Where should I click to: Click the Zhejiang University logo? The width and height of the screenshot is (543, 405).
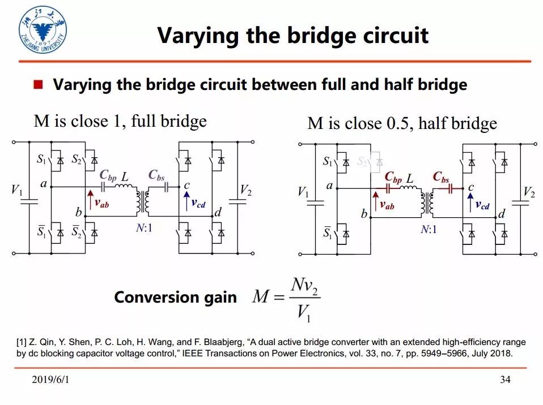pyautogui.click(x=41, y=32)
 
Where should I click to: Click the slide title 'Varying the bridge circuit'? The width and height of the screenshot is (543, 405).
pyautogui.click(x=292, y=35)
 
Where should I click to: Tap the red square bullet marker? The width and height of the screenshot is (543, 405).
pyautogui.click(x=39, y=85)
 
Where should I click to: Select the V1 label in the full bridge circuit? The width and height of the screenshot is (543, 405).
pyautogui.click(x=17, y=191)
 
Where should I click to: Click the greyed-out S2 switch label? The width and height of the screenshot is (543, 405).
pyautogui.click(x=362, y=161)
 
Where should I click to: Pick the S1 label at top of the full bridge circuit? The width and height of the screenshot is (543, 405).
pyautogui.click(x=41, y=160)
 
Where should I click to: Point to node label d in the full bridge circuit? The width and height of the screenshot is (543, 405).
pyautogui.click(x=218, y=213)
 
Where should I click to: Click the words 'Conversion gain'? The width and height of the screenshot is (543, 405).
pyautogui.click(x=175, y=298)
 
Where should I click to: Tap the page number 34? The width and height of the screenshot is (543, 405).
pyautogui.click(x=505, y=380)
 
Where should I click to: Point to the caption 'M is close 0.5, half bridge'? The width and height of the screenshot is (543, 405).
pyautogui.click(x=402, y=123)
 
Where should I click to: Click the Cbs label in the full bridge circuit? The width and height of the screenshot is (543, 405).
pyautogui.click(x=156, y=176)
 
